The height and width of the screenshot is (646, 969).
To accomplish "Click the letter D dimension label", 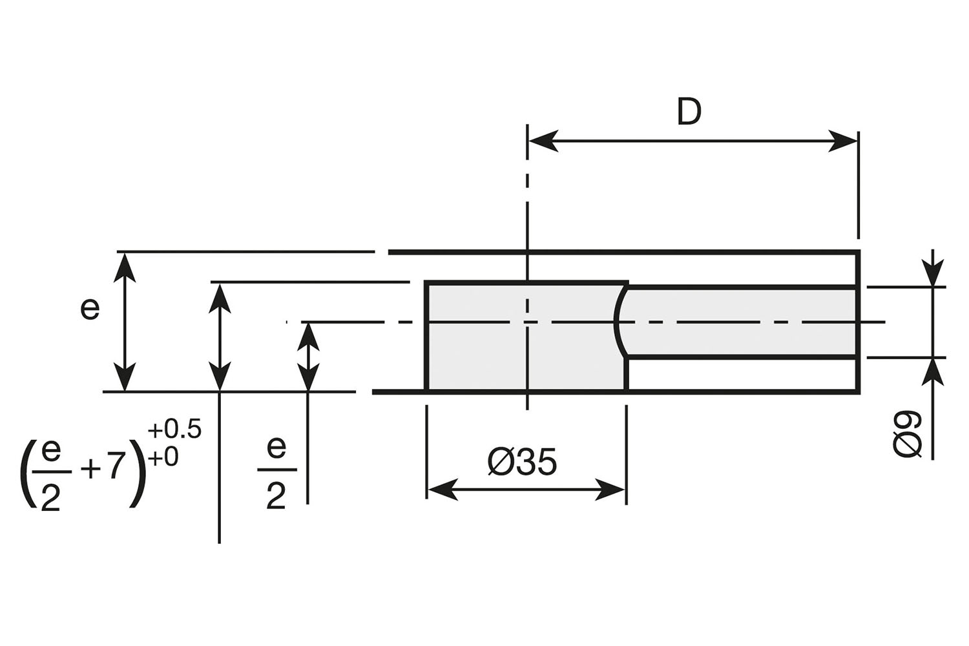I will pos(689,112).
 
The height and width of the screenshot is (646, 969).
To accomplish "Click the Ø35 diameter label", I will pos(522,463).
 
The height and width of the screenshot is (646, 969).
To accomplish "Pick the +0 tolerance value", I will pos(163,457).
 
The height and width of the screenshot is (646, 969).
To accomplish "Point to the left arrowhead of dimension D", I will pos(541,141).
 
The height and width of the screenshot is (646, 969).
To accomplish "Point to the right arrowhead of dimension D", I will pos(844,141).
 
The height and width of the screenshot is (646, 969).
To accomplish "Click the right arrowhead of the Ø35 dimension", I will pos(610,490).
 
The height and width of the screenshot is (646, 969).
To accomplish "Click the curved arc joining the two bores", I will pos(618,320).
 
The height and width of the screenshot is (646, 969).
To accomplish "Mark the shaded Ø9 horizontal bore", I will pos(743,321).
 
